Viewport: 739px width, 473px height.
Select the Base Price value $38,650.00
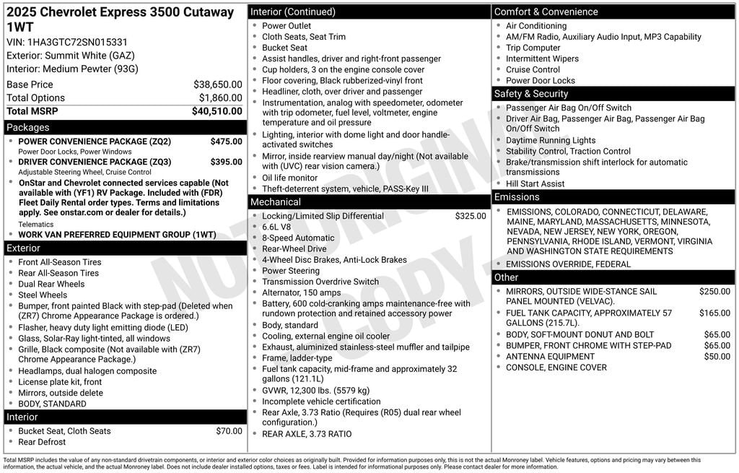pyautogui.click(x=217, y=84)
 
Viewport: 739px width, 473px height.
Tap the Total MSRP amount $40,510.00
pyautogui.click(x=217, y=111)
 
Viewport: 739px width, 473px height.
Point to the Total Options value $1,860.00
pyautogui.click(x=220, y=98)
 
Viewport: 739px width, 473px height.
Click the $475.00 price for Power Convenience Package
pyautogui.click(x=226, y=142)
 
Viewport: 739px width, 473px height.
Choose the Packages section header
pyautogui.click(x=28, y=127)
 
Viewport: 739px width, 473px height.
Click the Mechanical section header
pyautogui.click(x=276, y=202)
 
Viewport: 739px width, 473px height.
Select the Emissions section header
pyautogui.click(x=517, y=197)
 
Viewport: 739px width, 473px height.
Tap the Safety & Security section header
pyautogui.click(x=531, y=94)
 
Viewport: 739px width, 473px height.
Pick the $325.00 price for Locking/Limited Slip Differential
pyautogui.click(x=470, y=216)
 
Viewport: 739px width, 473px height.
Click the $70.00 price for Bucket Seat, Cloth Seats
pyautogui.click(x=229, y=431)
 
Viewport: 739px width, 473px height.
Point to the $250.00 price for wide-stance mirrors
pyautogui.click(x=714, y=292)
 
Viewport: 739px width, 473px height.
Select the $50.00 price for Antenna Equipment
pyautogui.click(x=717, y=357)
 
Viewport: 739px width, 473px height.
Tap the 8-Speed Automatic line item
pyautogui.click(x=298, y=238)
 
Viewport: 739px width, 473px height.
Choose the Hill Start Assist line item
pyautogui.click(x=535, y=184)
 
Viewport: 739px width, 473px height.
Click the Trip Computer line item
pyautogui.click(x=533, y=48)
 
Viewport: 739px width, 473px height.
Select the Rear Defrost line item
pyautogui.click(x=42, y=442)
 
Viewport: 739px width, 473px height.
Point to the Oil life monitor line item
pyautogui.click(x=289, y=178)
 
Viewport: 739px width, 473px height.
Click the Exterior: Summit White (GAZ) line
pyautogui.click(x=71, y=56)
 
